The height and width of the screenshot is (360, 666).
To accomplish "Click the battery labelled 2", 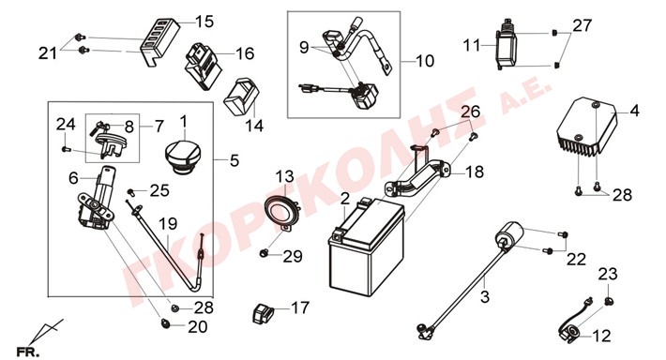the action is (367, 247).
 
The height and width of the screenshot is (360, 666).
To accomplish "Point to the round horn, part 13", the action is (282, 212).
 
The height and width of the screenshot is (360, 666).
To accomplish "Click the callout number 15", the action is (204, 22).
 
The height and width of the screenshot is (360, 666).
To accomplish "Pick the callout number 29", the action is (293, 257).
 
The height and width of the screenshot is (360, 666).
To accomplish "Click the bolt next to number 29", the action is (264, 253).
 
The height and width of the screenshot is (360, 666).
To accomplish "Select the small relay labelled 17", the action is (264, 314).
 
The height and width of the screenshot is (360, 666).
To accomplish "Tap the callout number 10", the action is (425, 61).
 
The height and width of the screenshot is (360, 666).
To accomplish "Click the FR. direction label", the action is (27, 352).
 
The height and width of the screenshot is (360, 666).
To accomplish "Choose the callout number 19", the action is (168, 224).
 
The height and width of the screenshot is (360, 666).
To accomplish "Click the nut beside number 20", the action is (166, 324).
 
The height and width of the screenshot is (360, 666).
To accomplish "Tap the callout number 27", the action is (582, 25).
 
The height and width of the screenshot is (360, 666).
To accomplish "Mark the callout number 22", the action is (576, 260).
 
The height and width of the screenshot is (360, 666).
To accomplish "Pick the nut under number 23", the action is (609, 301).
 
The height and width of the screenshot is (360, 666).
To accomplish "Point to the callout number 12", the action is (601, 337).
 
